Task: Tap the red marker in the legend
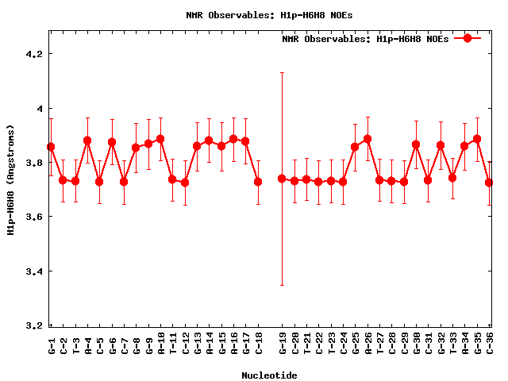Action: click(468, 38)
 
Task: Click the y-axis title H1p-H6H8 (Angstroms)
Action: click(11, 179)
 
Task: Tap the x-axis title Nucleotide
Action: click(270, 375)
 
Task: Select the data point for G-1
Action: click(51, 147)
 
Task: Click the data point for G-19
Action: click(282, 179)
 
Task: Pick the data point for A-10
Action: click(160, 139)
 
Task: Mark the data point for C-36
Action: click(489, 183)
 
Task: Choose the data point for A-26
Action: click(368, 139)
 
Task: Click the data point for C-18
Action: click(258, 182)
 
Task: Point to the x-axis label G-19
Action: click(283, 343)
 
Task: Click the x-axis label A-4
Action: click(88, 343)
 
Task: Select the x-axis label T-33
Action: click(453, 343)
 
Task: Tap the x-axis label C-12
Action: click(186, 343)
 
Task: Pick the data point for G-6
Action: click(112, 142)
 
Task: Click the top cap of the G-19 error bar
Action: click(282, 72)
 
